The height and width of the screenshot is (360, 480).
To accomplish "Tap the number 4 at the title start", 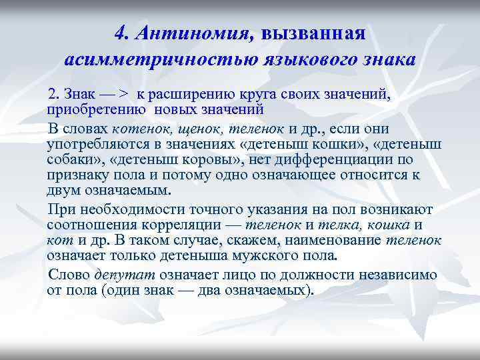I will coord(121,33).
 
